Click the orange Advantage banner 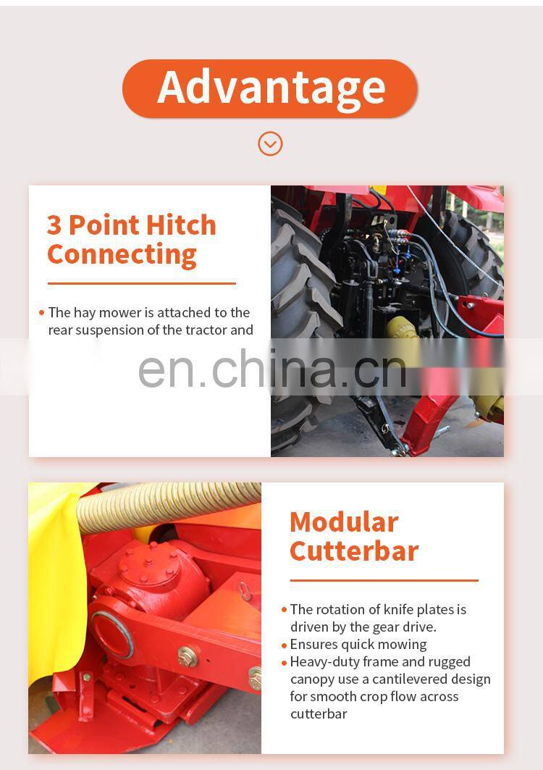tap(270, 88)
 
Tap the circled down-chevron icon tap(270, 143)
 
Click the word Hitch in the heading tap(181, 225)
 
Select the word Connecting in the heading tap(122, 255)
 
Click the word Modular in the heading tap(344, 522)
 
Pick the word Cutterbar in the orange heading tap(354, 551)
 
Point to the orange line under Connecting tap(142, 283)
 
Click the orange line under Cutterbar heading tap(384, 580)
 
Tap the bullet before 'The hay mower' tap(41, 313)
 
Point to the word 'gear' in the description tap(382, 627)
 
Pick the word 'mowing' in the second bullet tap(402, 645)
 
